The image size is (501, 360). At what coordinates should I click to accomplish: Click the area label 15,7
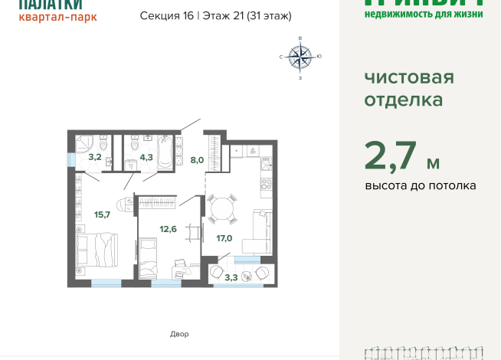102,214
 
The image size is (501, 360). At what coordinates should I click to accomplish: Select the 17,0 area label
224,238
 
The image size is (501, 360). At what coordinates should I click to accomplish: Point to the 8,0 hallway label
197,160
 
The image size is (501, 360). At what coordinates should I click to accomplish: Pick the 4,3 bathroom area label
146,157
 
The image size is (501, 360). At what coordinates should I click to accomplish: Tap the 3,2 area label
94,157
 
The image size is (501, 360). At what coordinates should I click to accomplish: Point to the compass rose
300,57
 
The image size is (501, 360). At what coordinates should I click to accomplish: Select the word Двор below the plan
178,334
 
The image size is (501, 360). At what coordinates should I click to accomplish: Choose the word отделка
402,100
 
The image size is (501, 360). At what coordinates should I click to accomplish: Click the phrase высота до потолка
420,185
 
